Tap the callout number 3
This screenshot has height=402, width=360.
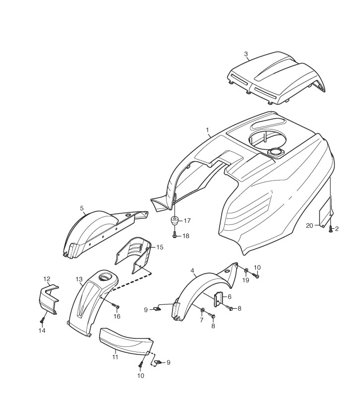click(x=246, y=54)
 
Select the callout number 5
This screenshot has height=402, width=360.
click(x=82, y=208)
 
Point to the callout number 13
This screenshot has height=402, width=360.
click(x=79, y=279)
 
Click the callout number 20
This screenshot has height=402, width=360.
click(x=309, y=225)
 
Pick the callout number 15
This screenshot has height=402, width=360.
click(x=160, y=247)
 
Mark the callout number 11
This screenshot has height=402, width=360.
click(x=115, y=356)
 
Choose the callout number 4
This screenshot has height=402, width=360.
click(x=192, y=271)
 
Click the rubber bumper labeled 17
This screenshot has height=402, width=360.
click(x=175, y=220)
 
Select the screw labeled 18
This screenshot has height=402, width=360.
click(x=175, y=236)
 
